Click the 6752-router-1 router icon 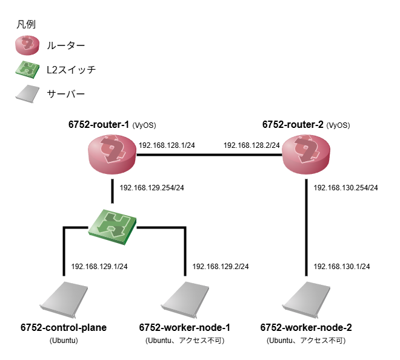tap(112, 155)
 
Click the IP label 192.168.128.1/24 tap(167, 145)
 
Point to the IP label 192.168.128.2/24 tap(252, 145)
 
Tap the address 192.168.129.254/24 tap(152, 188)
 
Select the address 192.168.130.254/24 tap(346, 188)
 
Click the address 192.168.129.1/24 tap(99, 266)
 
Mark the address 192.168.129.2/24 tap(221, 266)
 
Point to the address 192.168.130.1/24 tap(342, 266)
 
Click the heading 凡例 tap(26, 25)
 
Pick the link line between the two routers tap(209, 155)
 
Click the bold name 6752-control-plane tap(64, 328)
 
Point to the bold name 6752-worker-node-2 tap(306, 328)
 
